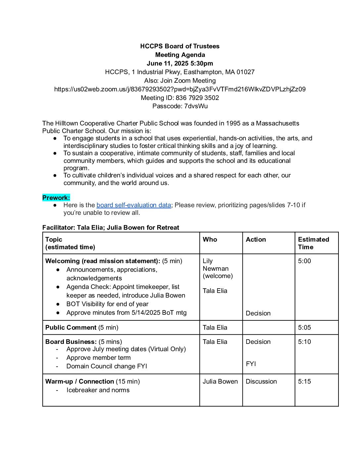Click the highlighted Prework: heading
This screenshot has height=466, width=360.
[56, 198]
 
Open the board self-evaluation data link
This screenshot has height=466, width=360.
[134, 205]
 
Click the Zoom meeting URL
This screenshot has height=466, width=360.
[180, 89]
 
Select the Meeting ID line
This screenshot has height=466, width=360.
[180, 98]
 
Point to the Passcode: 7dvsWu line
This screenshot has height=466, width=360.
[180, 106]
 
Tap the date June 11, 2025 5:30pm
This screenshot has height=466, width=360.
[180, 63]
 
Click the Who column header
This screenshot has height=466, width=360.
[210, 240]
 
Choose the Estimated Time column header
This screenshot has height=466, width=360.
[313, 243]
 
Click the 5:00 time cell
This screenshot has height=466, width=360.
[304, 261]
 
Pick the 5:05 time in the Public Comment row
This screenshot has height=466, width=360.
[304, 328]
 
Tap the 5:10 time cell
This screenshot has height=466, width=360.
[304, 342]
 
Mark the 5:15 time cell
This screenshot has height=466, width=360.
[304, 382]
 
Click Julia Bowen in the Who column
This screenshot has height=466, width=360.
[220, 382]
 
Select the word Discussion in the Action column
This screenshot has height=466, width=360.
[261, 382]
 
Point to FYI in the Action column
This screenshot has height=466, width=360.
[251, 364]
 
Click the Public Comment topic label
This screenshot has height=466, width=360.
[71, 328]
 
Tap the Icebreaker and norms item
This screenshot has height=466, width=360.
[98, 390]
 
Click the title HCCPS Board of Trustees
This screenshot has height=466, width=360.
[180, 46]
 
